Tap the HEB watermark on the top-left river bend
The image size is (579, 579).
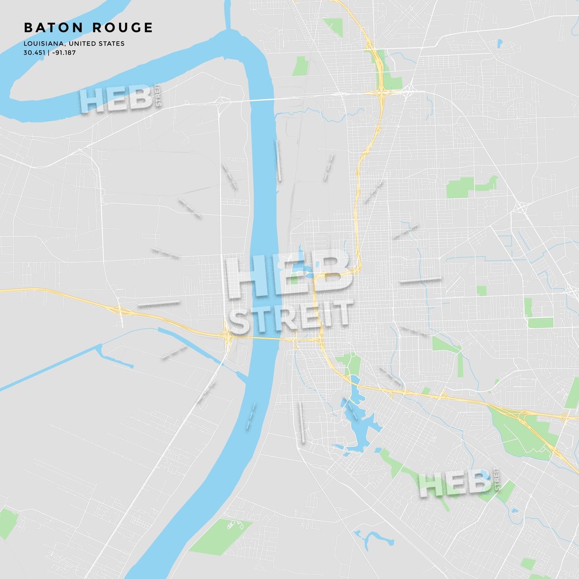click(116, 99)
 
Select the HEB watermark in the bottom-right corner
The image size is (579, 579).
click(454, 484)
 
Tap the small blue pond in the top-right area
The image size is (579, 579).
click(499, 43)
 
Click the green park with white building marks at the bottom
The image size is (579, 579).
click(220, 536)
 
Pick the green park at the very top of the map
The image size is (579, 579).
click(333, 25)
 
